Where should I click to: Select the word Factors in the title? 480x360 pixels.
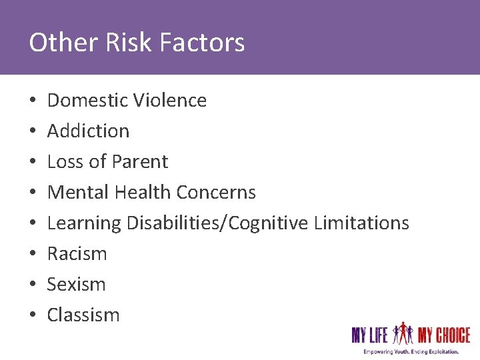click(202, 43)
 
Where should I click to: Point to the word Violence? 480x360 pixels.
click(170, 100)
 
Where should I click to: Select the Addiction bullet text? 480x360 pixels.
click(88, 131)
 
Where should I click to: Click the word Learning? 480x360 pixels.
click(84, 223)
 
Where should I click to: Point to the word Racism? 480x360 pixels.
click(77, 253)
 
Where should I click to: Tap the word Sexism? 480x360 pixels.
click(76, 284)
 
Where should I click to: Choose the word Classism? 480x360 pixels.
click(83, 315)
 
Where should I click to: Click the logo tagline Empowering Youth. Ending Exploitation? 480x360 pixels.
click(411, 351)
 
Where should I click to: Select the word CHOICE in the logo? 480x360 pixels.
click(449, 334)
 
